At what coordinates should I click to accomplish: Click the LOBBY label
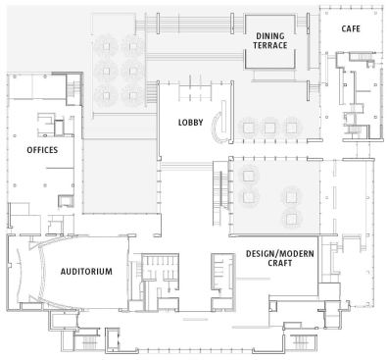pyautogui.click(x=190, y=123)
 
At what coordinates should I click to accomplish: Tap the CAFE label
pyautogui.click(x=351, y=28)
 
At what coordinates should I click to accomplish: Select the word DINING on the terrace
pyautogui.click(x=270, y=36)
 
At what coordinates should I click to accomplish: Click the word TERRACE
pyautogui.click(x=270, y=45)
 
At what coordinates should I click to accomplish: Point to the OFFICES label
pyautogui.click(x=42, y=150)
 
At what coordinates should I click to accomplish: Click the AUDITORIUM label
pyautogui.click(x=86, y=272)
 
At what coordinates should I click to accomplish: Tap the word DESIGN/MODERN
pyautogui.click(x=280, y=253)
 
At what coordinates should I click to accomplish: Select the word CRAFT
pyautogui.click(x=280, y=263)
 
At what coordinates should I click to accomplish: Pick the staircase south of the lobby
pyautogui.click(x=219, y=193)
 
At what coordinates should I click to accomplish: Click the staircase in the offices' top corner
pyautogui.click(x=74, y=89)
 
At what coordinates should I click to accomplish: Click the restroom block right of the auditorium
pyautogui.click(x=161, y=282)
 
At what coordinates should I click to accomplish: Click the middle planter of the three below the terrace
pyautogui.click(x=269, y=128)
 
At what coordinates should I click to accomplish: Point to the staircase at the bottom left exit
pyautogui.click(x=87, y=342)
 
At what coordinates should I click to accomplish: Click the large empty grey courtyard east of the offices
pyautogui.click(x=120, y=177)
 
